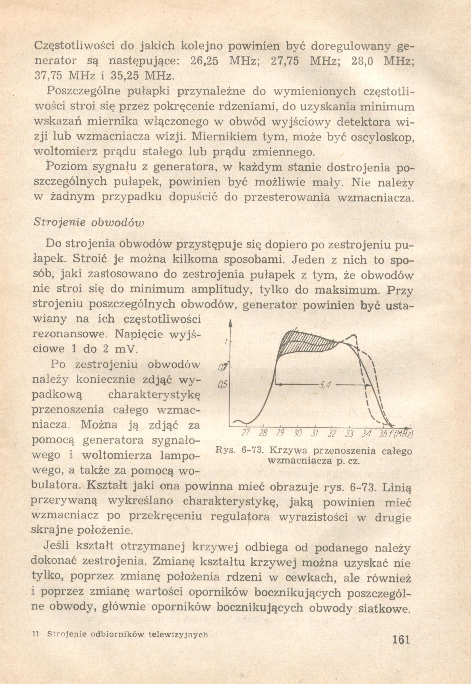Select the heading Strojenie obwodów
(x=89, y=222)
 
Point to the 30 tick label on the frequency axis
(x=298, y=434)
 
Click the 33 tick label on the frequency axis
(x=349, y=434)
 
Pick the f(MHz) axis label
(x=402, y=434)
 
